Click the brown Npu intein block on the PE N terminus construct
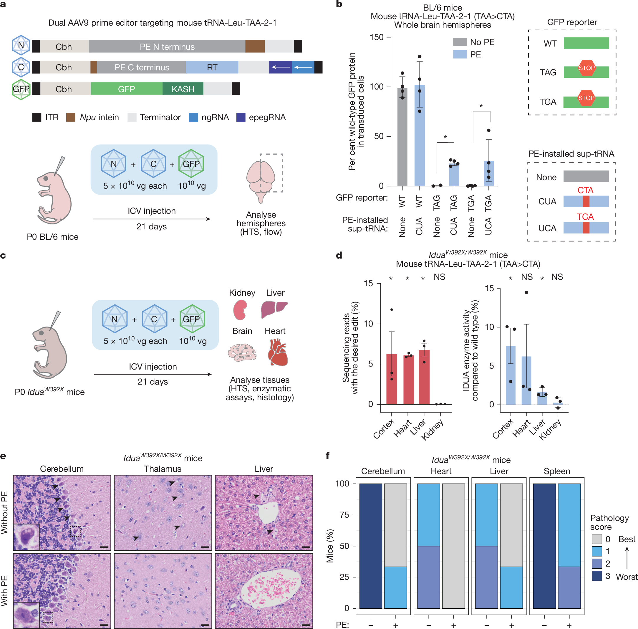[x=255, y=46]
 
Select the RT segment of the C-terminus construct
[x=212, y=67]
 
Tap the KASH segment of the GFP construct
[x=183, y=89]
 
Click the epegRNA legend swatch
[x=241, y=117]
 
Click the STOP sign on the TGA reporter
[x=586, y=98]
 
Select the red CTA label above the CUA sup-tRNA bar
[x=585, y=190]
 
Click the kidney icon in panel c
[x=240, y=309]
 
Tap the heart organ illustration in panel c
[x=277, y=352]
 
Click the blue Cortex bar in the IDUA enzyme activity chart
[x=511, y=375]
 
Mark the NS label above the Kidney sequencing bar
[x=439, y=277]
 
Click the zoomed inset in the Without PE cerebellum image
[x=26, y=537]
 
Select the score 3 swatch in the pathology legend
[x=596, y=576]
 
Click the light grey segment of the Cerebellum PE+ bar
[x=395, y=525]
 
